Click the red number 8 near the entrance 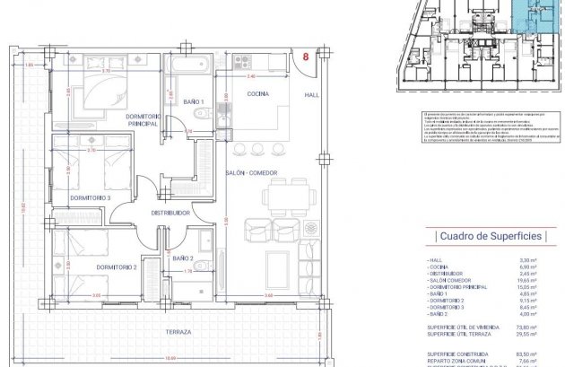(x=307, y=57)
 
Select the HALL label (x=312, y=94)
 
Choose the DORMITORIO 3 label (x=91, y=197)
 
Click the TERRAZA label (x=178, y=332)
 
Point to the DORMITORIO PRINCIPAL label (x=136, y=119)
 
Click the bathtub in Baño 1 (x=189, y=66)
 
